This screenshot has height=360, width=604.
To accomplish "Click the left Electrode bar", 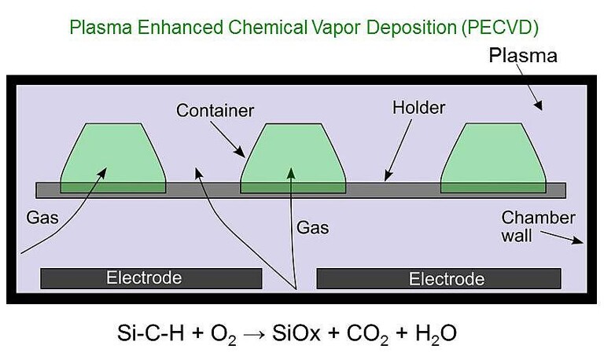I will coord(150,278).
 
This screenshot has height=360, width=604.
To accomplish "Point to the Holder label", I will coord(418,107).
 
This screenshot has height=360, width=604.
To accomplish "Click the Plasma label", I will coord(522,56).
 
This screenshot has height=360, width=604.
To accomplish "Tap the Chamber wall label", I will coord(538,225).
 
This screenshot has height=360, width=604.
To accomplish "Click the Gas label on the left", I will coord(42,218).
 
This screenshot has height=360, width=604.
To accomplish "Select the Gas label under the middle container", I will coord(312,228).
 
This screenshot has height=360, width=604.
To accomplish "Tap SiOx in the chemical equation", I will coord(296,333).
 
